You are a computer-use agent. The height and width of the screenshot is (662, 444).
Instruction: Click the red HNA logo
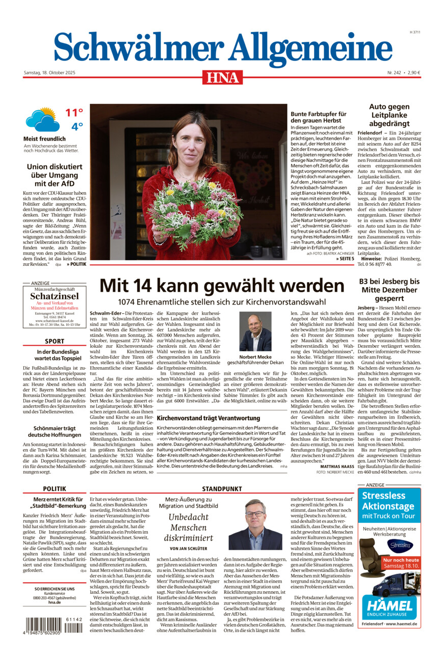point(222,77)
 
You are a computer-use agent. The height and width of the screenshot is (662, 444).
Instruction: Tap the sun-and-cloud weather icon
point(42,120)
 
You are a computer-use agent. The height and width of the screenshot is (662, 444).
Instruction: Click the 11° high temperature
point(74,113)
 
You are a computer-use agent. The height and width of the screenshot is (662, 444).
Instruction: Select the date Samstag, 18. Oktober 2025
point(49,73)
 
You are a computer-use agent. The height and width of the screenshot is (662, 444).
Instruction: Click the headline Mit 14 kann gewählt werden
point(222,286)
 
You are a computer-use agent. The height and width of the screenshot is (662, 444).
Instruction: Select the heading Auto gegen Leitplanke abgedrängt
point(389,115)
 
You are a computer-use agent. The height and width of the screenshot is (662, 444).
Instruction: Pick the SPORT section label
point(55,341)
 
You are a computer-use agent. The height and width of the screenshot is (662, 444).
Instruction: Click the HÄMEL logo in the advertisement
point(389,606)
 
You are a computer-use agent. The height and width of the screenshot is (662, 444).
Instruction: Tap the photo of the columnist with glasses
point(255,524)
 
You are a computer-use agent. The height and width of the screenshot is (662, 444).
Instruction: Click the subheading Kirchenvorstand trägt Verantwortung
point(208,418)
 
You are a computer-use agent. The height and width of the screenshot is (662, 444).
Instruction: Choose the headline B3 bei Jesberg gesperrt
point(389,290)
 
